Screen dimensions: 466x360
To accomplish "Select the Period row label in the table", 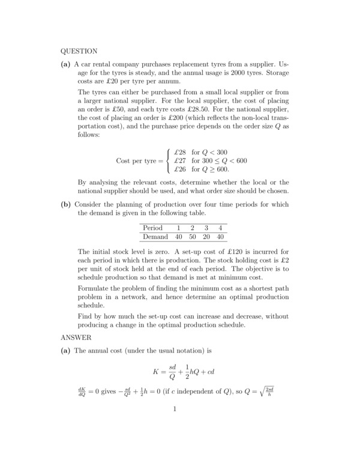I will tap(153, 228).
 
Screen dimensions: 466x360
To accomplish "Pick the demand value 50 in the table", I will tap(193, 237).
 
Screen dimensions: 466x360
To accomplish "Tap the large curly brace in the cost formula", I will tap(169, 161).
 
